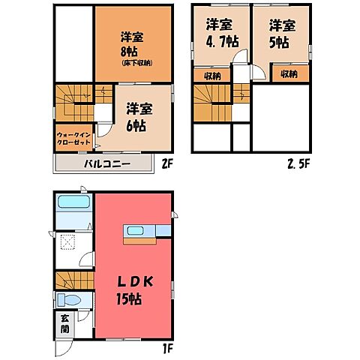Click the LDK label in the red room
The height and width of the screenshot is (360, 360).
(x=136, y=282)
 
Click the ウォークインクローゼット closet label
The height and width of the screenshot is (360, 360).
(x=73, y=139)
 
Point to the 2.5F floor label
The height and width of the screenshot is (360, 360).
(x=297, y=163)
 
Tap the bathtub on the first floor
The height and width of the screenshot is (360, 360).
(x=73, y=202)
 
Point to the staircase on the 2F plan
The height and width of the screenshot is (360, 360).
(x=73, y=103)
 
